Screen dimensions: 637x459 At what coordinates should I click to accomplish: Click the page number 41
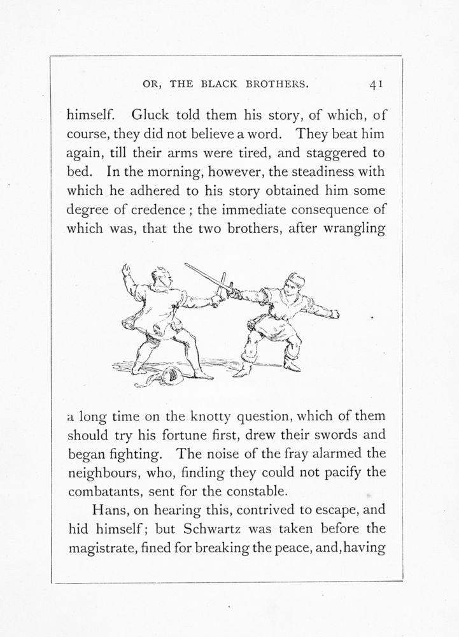(x=374, y=83)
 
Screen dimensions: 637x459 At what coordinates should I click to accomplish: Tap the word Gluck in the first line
(x=149, y=116)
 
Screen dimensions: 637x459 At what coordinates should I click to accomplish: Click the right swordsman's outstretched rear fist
(x=334, y=313)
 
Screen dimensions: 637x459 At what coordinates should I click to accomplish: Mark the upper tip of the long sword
(x=186, y=264)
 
